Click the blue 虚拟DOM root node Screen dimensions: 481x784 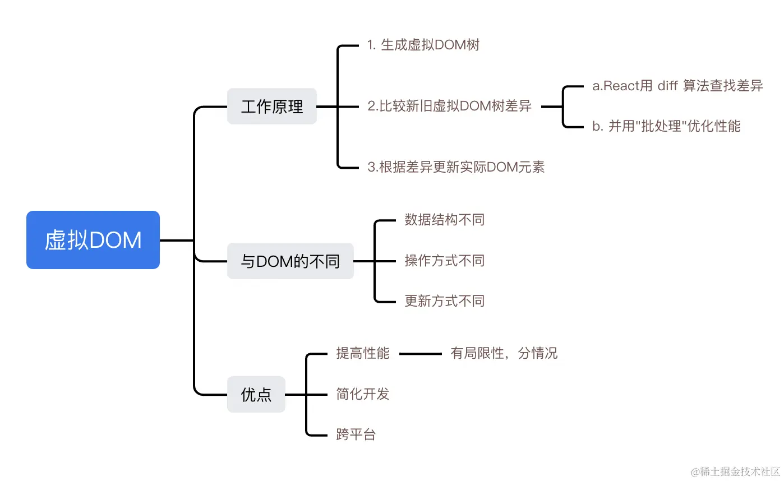93,240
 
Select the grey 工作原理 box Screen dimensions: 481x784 272,107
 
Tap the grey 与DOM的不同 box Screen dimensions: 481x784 290,261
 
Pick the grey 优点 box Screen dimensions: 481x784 256,395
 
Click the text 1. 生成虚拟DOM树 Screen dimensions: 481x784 423,45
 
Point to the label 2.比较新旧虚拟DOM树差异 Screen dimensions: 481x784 449,107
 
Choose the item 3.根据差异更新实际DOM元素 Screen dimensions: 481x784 456,167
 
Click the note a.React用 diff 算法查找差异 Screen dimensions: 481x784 677,86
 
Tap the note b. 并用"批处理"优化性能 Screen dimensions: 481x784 666,127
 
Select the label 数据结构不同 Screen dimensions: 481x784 444,220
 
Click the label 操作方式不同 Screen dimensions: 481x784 444,261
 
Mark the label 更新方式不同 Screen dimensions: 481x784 444,301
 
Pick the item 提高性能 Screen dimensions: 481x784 362,354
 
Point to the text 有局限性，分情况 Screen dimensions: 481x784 504,354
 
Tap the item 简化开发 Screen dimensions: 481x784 362,394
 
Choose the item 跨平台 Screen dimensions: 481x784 356,434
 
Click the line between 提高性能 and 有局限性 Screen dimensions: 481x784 420,354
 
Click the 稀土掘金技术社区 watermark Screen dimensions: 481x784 735,471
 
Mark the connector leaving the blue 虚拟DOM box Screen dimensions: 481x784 177,240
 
